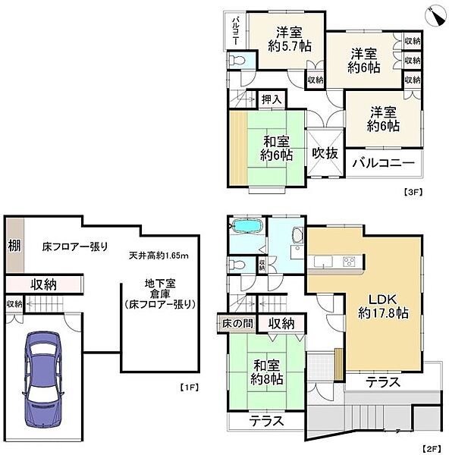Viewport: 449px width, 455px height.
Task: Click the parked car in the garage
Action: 43,380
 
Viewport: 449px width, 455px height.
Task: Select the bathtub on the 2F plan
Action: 246,227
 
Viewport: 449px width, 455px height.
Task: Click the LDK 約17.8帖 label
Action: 383,306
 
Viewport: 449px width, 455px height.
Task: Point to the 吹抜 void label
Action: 325,153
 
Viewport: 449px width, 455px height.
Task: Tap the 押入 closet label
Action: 272,100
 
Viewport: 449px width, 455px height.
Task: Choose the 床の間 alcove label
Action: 237,323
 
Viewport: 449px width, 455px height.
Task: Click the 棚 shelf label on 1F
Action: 14,246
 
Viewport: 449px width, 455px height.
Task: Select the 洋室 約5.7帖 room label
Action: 290,39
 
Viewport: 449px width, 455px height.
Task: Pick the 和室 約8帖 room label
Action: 266,372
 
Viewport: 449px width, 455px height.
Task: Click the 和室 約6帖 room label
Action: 276,149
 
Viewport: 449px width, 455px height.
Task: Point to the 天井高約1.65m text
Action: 159,256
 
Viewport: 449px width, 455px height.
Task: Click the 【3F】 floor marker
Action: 413,192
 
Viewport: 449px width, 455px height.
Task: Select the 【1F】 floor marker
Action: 189,387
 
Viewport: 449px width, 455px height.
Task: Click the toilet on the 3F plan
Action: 237,61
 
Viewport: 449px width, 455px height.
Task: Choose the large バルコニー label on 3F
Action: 384,163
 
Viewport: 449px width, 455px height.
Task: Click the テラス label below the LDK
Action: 383,382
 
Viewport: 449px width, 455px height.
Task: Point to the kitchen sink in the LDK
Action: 323,261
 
